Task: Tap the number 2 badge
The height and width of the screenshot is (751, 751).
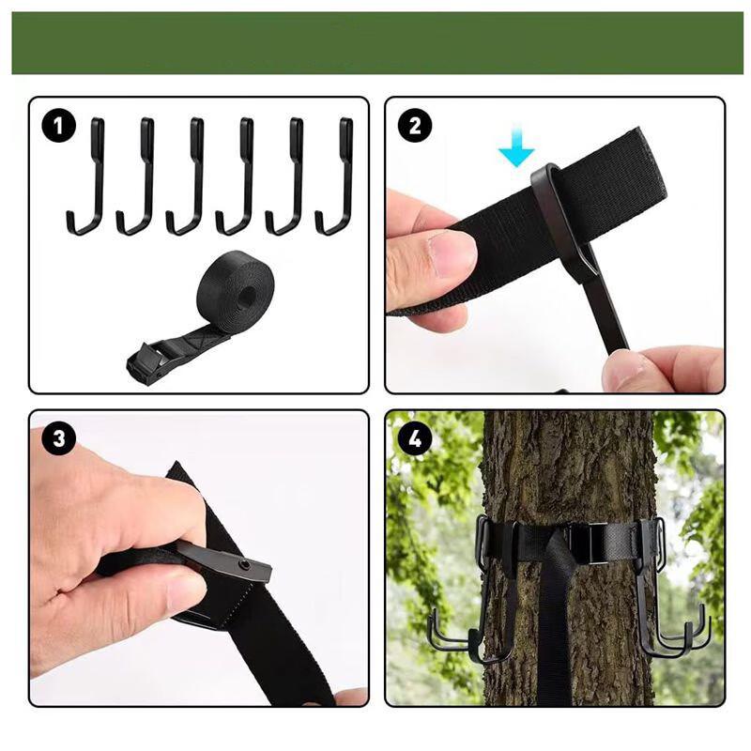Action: click(415, 126)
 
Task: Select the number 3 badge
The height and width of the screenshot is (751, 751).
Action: click(59, 438)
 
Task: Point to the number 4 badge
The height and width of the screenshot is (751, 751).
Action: click(415, 438)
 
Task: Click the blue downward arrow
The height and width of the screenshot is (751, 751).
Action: click(516, 150)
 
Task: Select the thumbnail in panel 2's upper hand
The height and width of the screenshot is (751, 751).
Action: click(452, 253)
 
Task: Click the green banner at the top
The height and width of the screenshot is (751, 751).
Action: click(375, 42)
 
